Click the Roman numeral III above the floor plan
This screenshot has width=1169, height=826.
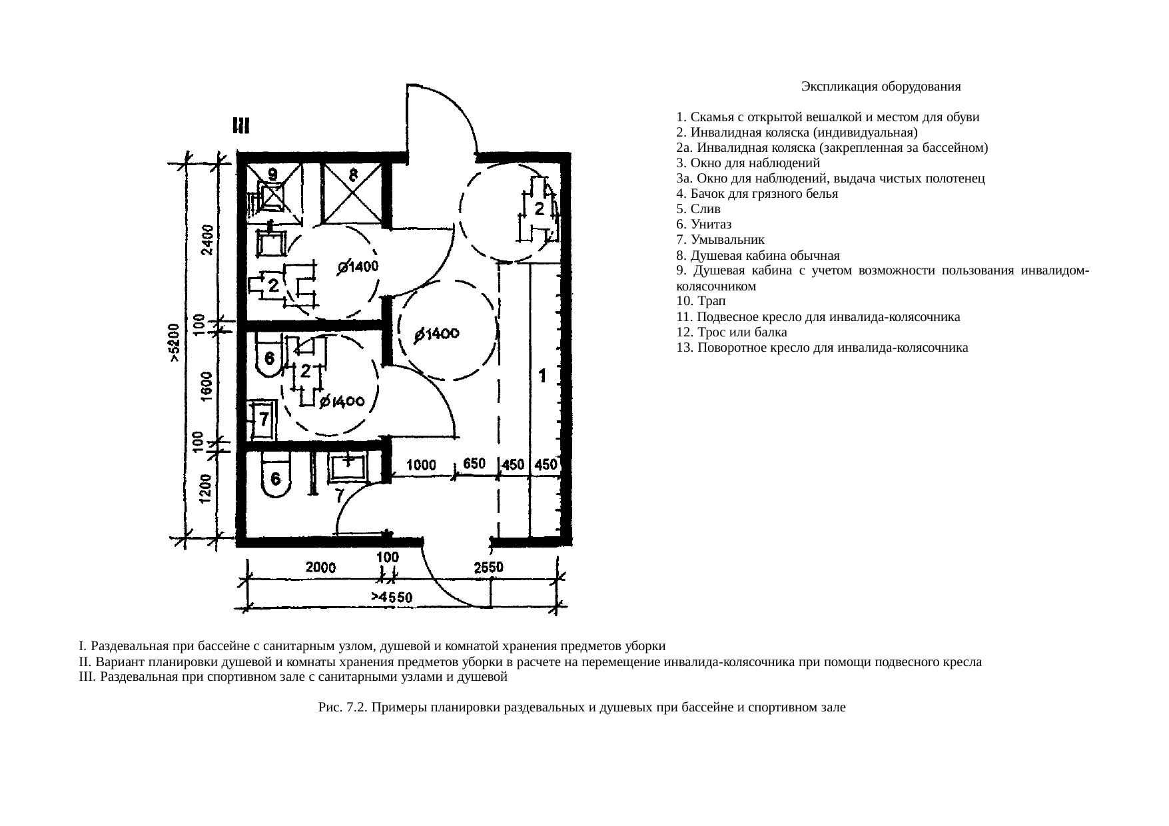click(240, 125)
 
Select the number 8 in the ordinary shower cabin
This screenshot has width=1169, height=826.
click(354, 175)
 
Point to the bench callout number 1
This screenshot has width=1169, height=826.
click(544, 376)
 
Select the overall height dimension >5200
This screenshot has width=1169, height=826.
click(174, 342)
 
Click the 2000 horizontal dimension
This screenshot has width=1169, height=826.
click(321, 568)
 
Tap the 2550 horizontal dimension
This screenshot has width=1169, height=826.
click(488, 567)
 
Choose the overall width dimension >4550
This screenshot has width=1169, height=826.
click(392, 598)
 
